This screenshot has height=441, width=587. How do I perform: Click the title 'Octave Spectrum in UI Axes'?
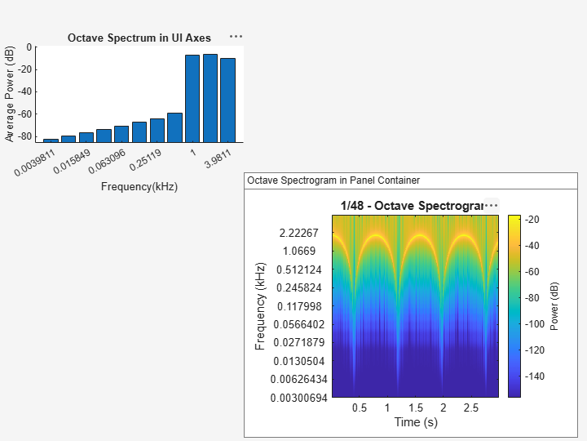click(x=139, y=38)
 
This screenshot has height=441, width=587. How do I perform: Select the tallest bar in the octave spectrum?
click(x=210, y=98)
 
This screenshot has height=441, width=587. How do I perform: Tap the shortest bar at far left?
click(x=51, y=140)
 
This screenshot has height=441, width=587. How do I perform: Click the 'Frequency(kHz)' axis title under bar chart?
click(x=139, y=186)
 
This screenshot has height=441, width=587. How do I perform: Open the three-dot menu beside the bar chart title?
click(x=236, y=37)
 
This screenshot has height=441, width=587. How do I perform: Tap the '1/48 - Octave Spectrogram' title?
click(x=412, y=206)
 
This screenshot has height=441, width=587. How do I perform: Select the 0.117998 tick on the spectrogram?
click(x=302, y=306)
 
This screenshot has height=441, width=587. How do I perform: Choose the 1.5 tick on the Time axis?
click(x=415, y=408)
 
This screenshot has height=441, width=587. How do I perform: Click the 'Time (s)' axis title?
click(x=416, y=422)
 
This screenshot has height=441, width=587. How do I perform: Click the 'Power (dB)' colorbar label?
click(x=555, y=306)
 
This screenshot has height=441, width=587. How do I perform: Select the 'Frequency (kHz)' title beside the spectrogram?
click(x=261, y=306)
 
